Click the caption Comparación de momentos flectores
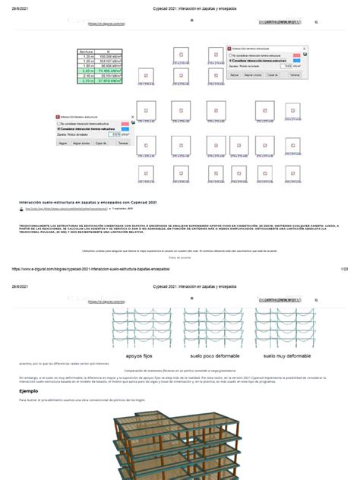click(x=179, y=368)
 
